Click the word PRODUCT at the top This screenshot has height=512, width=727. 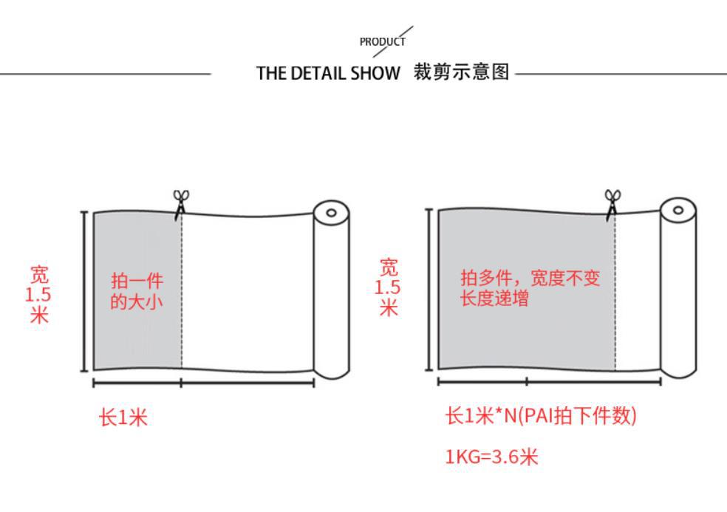coord(382,42)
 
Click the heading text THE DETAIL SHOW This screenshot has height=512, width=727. coord(328,73)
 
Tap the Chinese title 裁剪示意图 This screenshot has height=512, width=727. coord(462,72)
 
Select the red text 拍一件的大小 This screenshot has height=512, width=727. coord(137,290)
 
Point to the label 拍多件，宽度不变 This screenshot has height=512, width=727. coord(530,278)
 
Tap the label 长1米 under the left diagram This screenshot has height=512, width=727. coord(123,418)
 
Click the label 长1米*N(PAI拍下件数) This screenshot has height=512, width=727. coord(540,416)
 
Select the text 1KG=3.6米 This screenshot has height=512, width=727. coord(491,457)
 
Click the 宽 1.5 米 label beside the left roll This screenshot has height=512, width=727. coord(38,295)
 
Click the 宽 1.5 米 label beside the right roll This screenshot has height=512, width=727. coord(388,287)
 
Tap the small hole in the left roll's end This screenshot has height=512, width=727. coord(331,213)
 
